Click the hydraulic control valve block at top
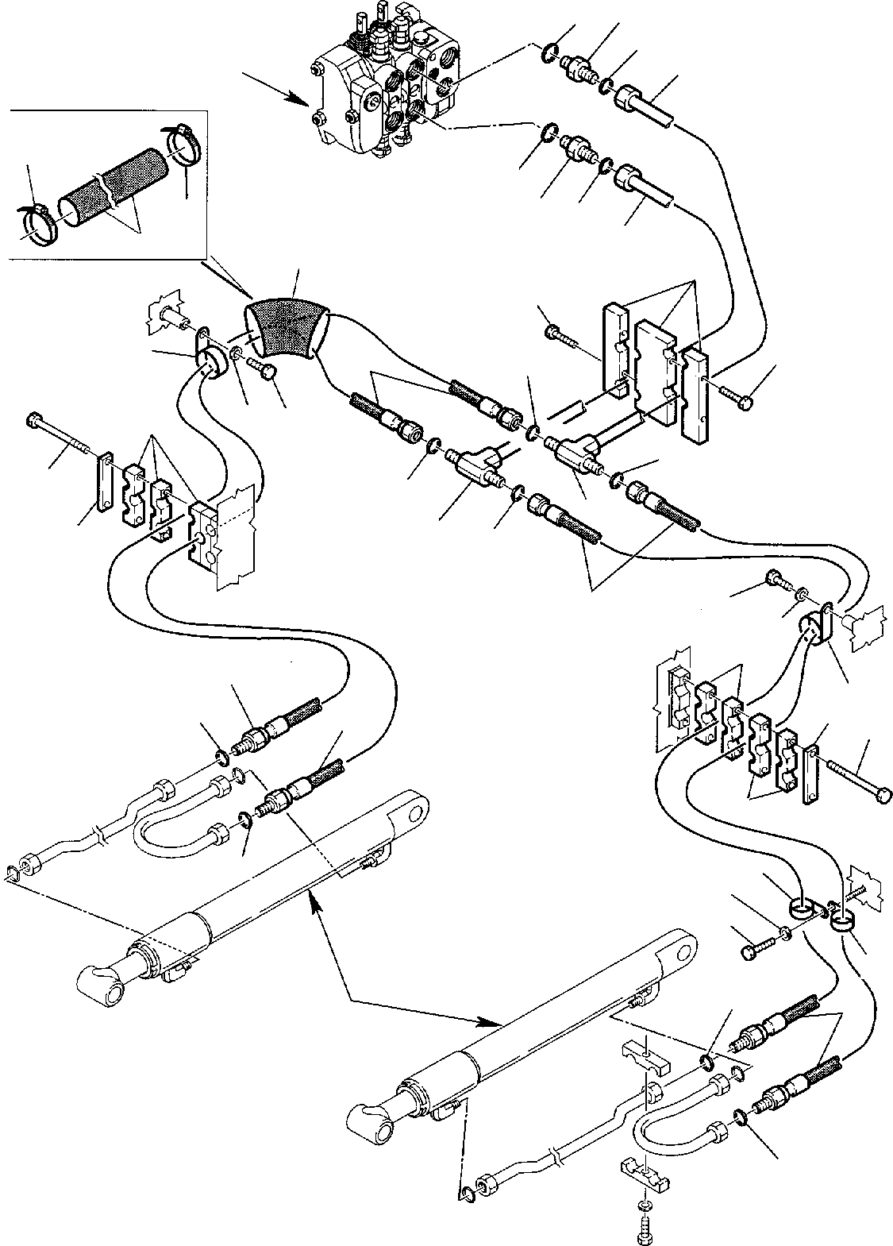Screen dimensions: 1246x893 pyautogui.click(x=381, y=87)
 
